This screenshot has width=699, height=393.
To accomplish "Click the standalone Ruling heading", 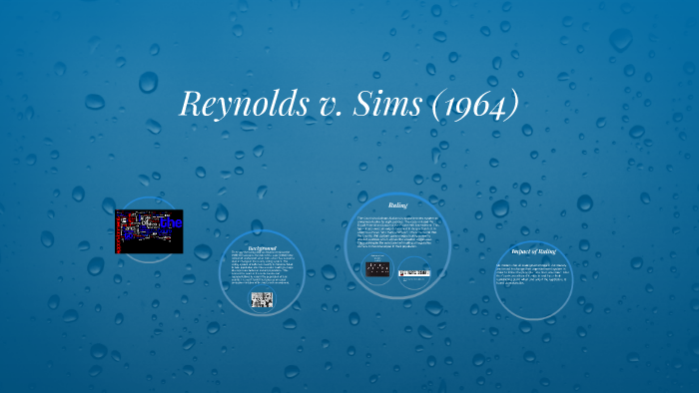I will coord(397,205).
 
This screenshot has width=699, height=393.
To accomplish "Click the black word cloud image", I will coord(149,231).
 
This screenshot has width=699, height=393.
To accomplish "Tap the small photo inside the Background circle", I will coord(262,299).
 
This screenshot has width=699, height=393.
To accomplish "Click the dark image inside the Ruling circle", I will coord(376,268).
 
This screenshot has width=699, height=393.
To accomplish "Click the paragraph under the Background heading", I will coord(262,267).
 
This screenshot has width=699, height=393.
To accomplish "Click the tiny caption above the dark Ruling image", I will coord(376,256).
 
